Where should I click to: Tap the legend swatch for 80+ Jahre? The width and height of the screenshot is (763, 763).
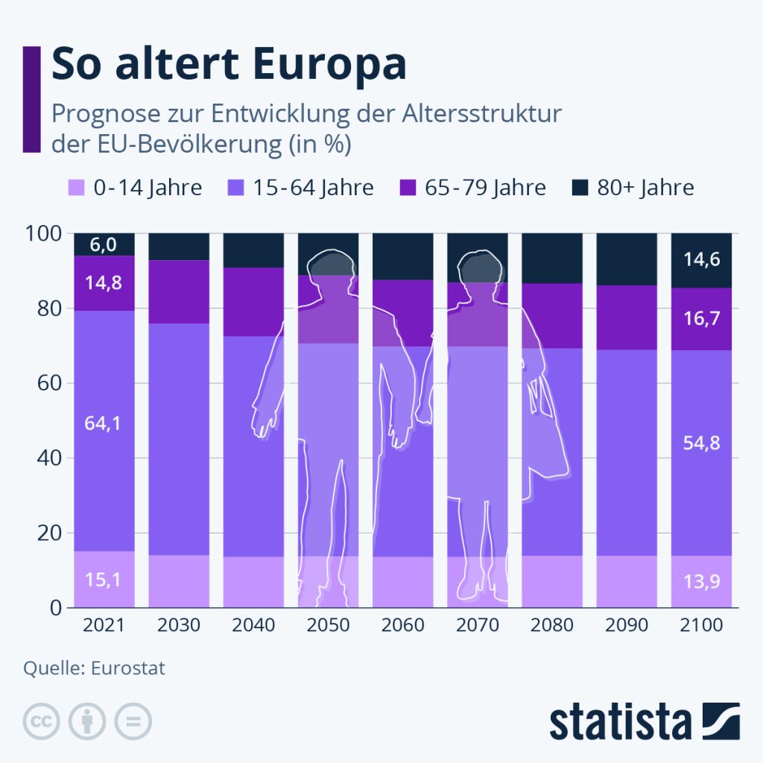click(x=581, y=188)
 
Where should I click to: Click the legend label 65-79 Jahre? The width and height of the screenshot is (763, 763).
click(x=485, y=188)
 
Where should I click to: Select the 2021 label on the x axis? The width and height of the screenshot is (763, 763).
click(x=104, y=624)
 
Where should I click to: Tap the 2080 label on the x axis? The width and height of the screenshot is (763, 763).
click(x=551, y=624)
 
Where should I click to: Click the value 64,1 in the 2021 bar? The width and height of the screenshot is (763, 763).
click(x=104, y=423)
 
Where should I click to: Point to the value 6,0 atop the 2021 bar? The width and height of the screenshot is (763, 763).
click(x=104, y=244)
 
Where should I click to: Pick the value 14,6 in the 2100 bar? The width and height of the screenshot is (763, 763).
click(x=701, y=260)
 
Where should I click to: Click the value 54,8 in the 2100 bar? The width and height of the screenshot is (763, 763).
click(x=701, y=443)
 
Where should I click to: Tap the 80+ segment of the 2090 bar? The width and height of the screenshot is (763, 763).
click(x=627, y=259)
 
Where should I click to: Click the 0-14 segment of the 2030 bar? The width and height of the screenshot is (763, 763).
click(x=179, y=581)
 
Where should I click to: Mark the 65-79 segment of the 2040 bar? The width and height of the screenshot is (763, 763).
click(x=253, y=302)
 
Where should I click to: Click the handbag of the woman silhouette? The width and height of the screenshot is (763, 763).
click(x=548, y=432)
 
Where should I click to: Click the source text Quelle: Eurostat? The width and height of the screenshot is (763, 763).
click(x=94, y=667)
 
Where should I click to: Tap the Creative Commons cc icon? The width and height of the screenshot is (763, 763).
click(x=42, y=721)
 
